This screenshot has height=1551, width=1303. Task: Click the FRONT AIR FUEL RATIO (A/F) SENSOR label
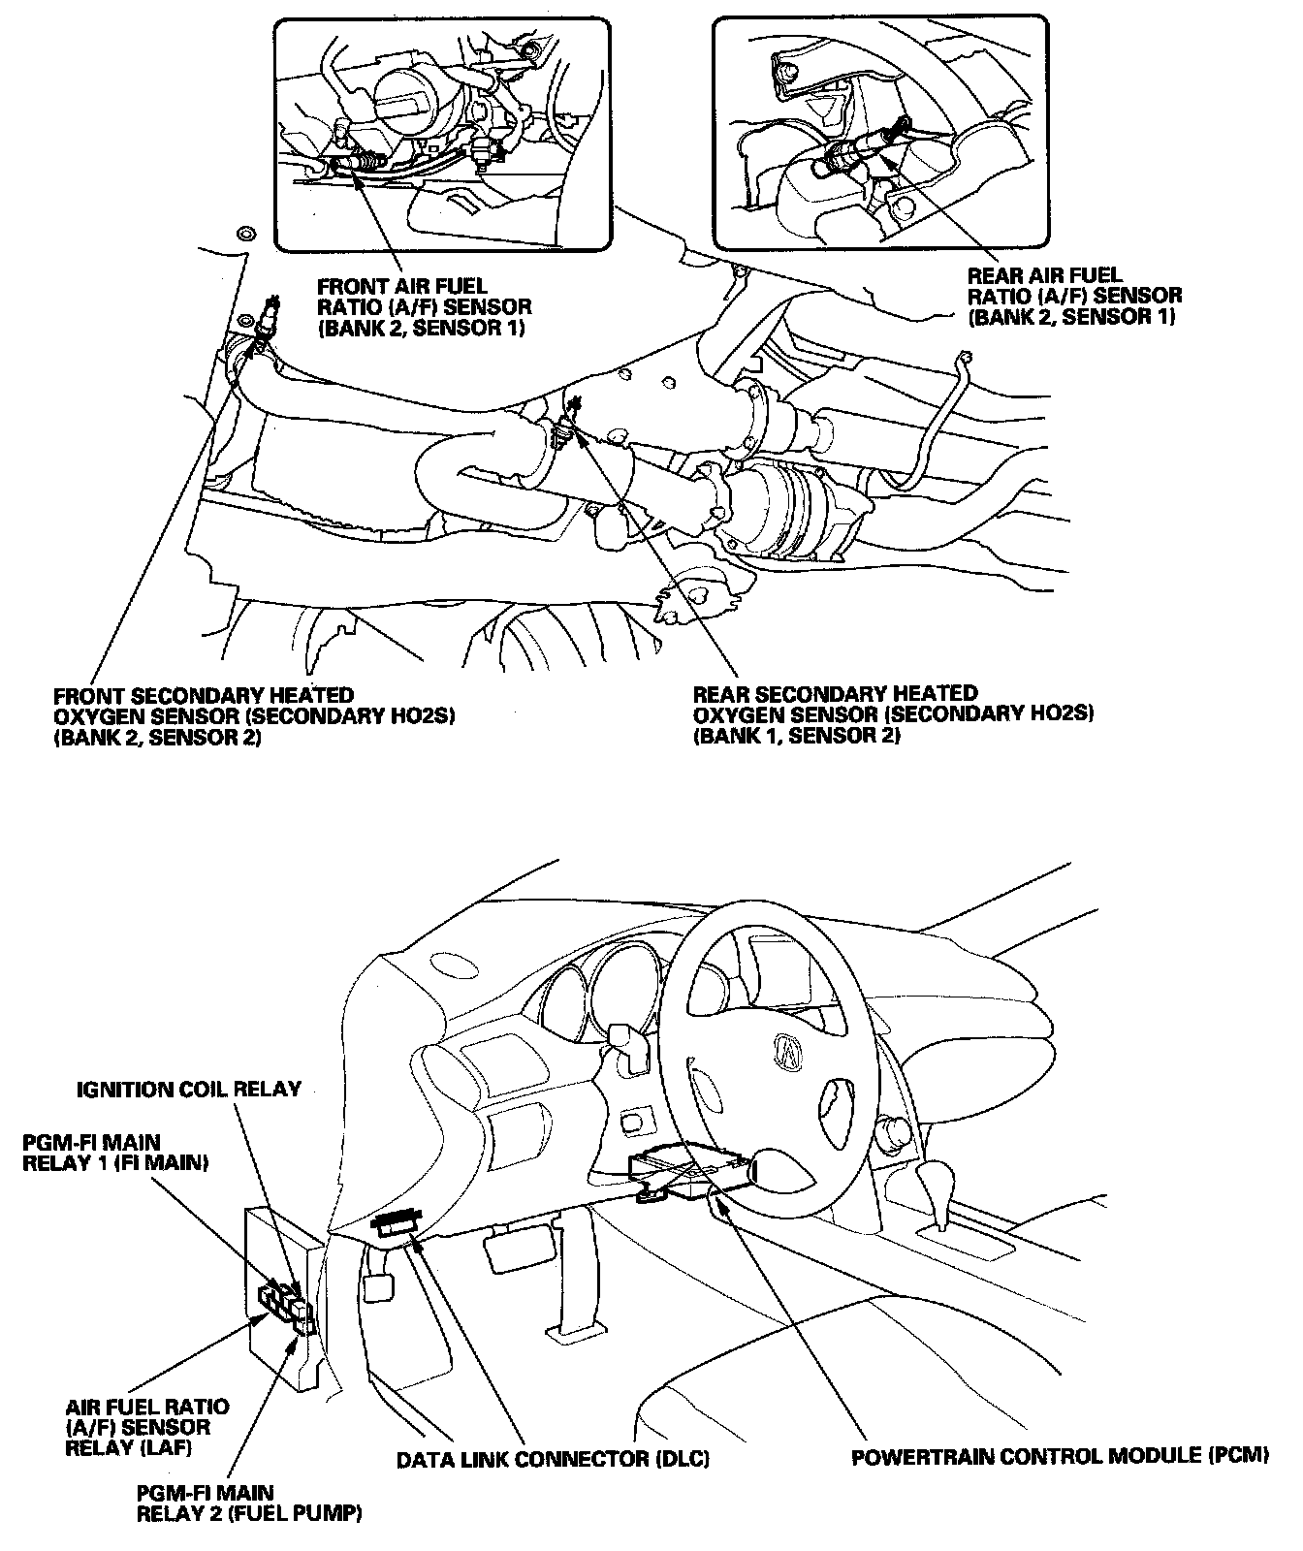point(424,306)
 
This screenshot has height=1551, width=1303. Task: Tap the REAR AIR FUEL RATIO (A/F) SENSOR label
point(1074,296)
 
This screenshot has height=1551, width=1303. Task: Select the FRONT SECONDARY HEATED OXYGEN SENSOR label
point(254,716)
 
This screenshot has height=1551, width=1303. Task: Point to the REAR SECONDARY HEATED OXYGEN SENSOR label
point(893,714)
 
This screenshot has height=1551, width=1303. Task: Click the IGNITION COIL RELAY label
point(189,1089)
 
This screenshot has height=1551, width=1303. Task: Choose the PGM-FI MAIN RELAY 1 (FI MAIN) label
point(115,1153)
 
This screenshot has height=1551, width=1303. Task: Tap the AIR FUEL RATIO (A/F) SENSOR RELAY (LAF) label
point(147,1427)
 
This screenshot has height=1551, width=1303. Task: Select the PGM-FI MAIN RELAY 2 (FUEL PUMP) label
point(249,1503)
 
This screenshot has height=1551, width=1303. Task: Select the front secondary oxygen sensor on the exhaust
point(265,320)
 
